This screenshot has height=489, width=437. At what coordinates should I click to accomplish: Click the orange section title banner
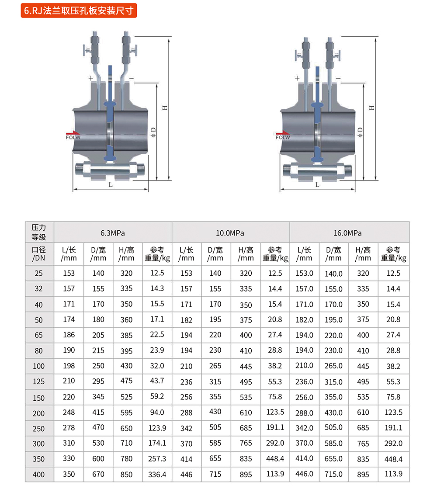tap(79, 10)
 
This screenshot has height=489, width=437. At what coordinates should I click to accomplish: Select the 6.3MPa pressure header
tap(113, 233)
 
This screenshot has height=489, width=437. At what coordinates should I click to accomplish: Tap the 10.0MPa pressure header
tap(230, 233)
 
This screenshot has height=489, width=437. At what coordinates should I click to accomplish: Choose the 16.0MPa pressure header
tap(348, 233)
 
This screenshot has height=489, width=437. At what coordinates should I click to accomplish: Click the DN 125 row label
tap(39, 381)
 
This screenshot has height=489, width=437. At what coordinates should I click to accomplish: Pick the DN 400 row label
tap(39, 474)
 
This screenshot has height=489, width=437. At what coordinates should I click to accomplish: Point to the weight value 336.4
tap(157, 474)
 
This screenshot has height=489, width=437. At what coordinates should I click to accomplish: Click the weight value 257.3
tap(157, 459)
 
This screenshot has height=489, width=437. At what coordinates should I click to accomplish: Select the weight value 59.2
tap(157, 396)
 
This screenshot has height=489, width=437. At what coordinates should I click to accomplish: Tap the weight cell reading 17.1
tap(157, 319)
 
